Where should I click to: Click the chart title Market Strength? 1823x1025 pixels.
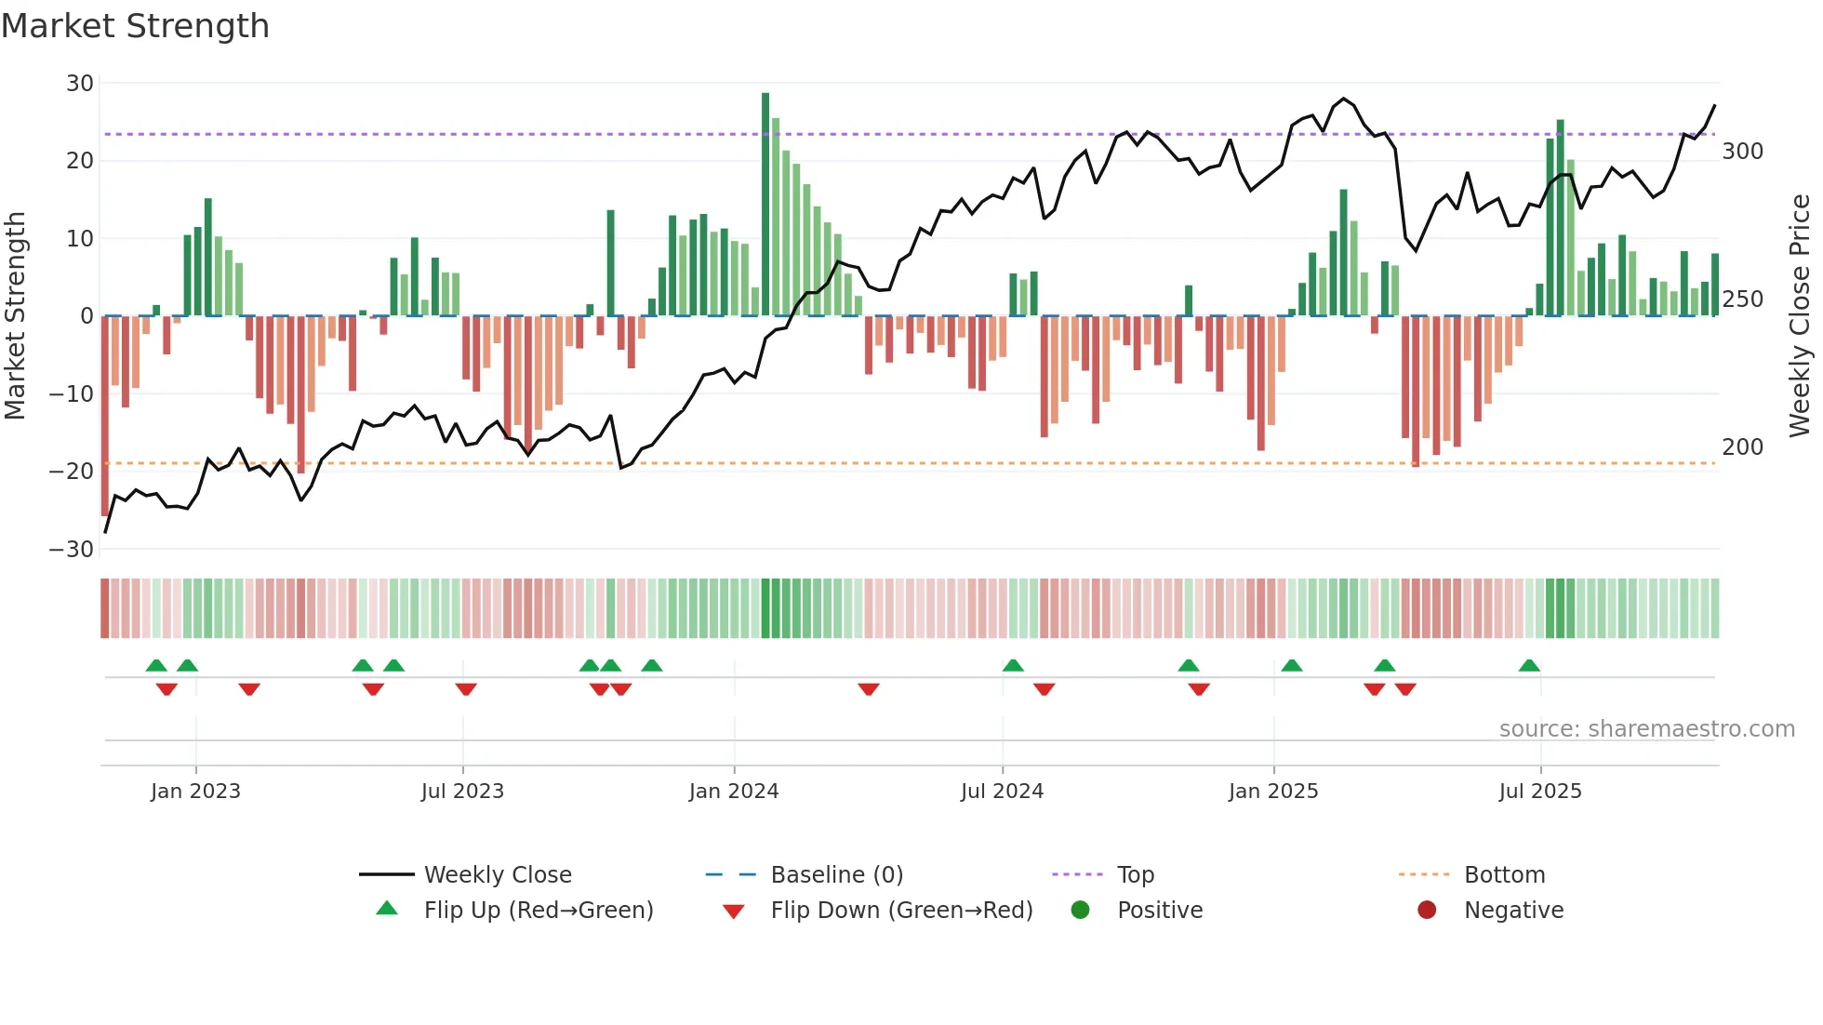point(135,26)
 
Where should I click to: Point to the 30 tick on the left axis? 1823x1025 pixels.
point(80,84)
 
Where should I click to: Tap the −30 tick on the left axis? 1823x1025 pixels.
point(73,549)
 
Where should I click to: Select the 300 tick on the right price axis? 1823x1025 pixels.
point(1742,152)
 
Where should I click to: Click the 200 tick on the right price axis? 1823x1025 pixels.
point(1742,447)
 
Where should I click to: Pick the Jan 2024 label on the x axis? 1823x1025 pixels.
point(734,792)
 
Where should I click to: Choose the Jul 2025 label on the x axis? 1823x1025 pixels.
point(1540,792)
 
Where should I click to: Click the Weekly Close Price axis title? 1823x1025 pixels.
point(1800,315)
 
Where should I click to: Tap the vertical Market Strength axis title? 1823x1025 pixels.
point(16,315)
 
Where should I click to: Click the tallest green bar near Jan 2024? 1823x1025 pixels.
point(765,205)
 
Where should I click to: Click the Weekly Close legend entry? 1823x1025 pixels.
point(497,875)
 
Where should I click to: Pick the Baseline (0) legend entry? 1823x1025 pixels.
point(836,875)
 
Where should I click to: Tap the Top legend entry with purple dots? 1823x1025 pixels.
point(1135,875)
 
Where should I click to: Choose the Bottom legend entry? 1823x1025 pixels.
point(1504,875)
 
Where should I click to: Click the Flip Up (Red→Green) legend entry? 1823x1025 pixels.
point(538,911)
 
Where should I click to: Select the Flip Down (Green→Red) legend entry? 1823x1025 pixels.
point(900,911)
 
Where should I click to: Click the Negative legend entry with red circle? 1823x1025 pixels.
point(1512,911)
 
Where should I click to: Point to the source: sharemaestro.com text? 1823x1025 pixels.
point(1646,729)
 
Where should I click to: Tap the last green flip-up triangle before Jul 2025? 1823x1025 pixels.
point(1529,666)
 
